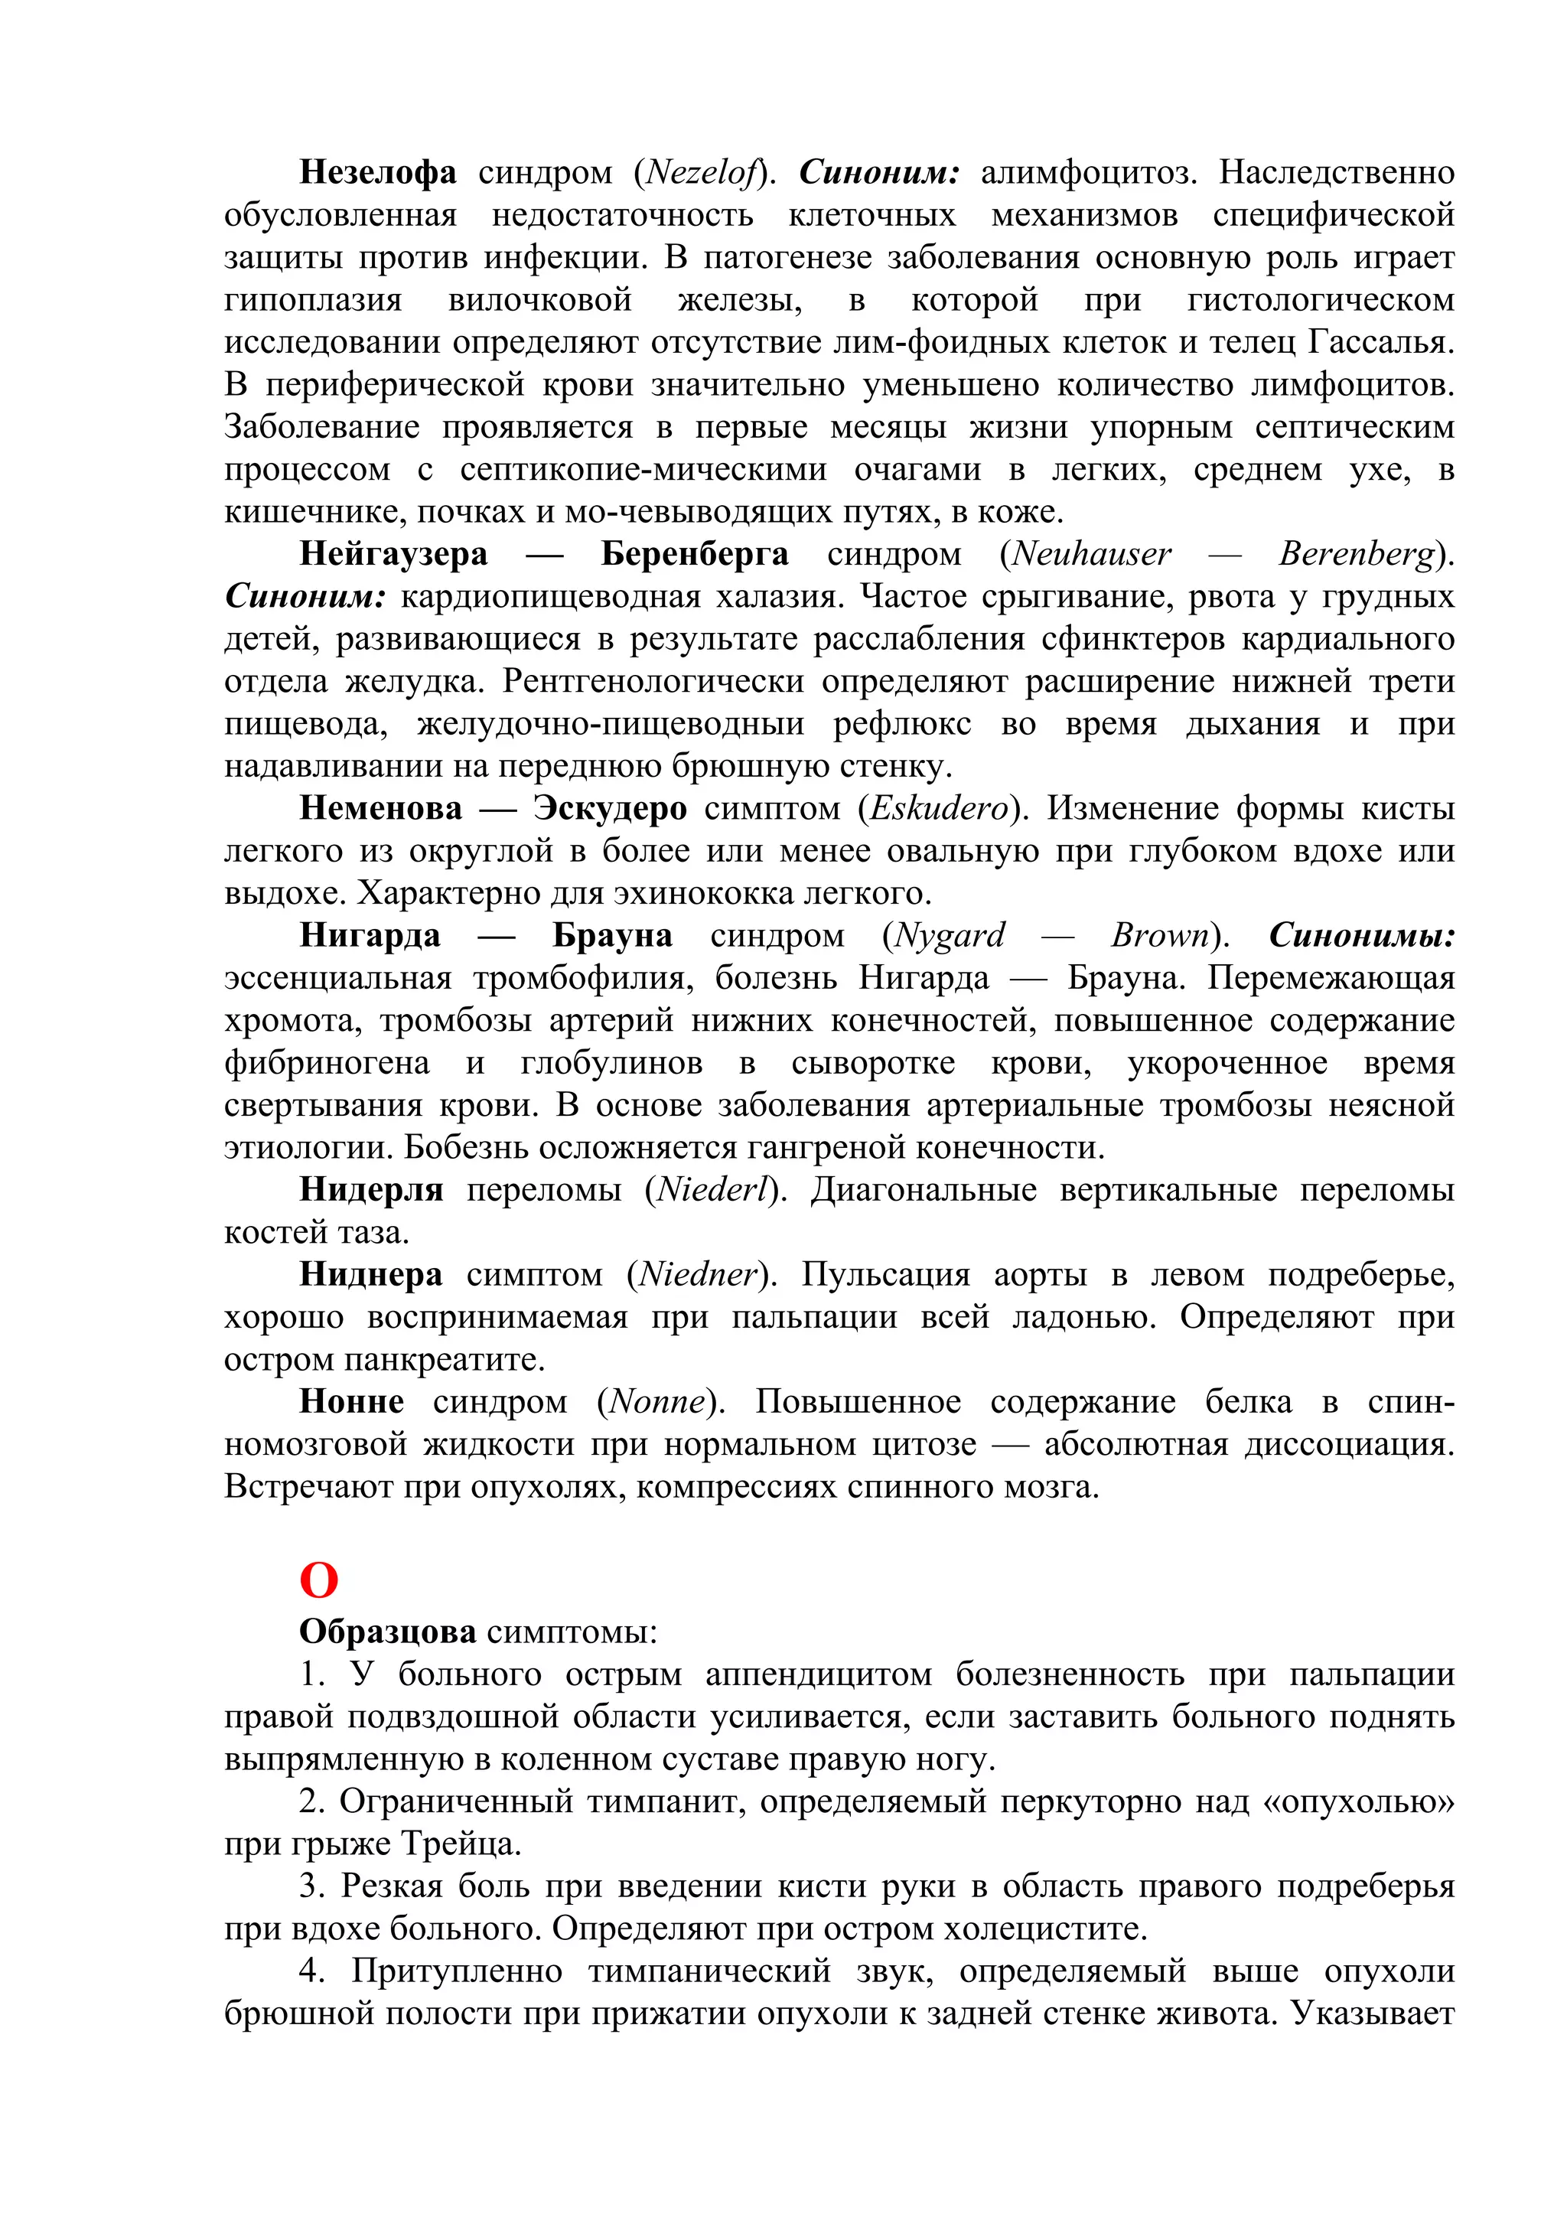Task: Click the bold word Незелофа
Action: (377, 173)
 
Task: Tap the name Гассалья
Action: (1380, 343)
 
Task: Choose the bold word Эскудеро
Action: (609, 808)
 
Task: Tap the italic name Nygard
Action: (949, 936)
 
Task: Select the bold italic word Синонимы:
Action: (1361, 936)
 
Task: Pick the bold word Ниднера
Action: (371, 1276)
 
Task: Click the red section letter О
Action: (318, 1580)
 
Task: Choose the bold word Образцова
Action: (387, 1632)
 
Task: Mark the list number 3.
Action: (310, 1886)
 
